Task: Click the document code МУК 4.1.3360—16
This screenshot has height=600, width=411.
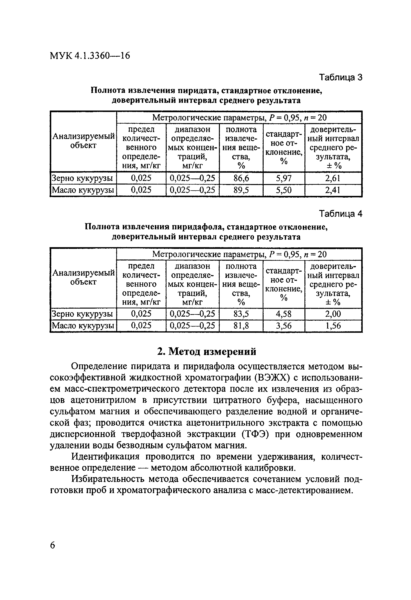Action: coord(90,56)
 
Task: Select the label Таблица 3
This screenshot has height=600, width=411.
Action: coord(340,77)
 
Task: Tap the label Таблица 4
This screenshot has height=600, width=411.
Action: coord(340,214)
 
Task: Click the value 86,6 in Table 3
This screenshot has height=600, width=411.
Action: coord(241,178)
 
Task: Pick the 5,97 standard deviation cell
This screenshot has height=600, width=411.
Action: coord(284,178)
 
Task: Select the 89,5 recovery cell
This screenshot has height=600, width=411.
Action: coord(241,190)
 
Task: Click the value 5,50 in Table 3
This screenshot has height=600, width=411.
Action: coord(284,190)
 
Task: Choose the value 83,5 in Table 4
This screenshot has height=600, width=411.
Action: coord(241,314)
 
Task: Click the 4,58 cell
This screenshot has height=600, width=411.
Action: coord(284,314)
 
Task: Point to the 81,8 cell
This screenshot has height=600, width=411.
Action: coord(241,326)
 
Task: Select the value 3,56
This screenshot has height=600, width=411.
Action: coord(284,326)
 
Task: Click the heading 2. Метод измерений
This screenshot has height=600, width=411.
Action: coord(207,352)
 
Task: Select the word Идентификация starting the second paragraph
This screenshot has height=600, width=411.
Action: coord(105,457)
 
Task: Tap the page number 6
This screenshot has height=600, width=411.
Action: coord(53,546)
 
